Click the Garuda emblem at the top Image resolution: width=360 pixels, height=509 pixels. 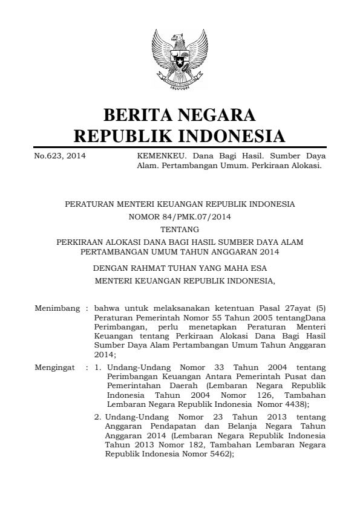(180, 60)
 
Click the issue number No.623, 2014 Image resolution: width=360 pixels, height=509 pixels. (60, 156)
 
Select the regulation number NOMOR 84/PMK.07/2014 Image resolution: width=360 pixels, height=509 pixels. (180, 217)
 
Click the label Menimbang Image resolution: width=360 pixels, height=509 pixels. (57, 308)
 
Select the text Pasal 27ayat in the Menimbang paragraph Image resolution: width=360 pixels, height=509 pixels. (274, 308)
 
